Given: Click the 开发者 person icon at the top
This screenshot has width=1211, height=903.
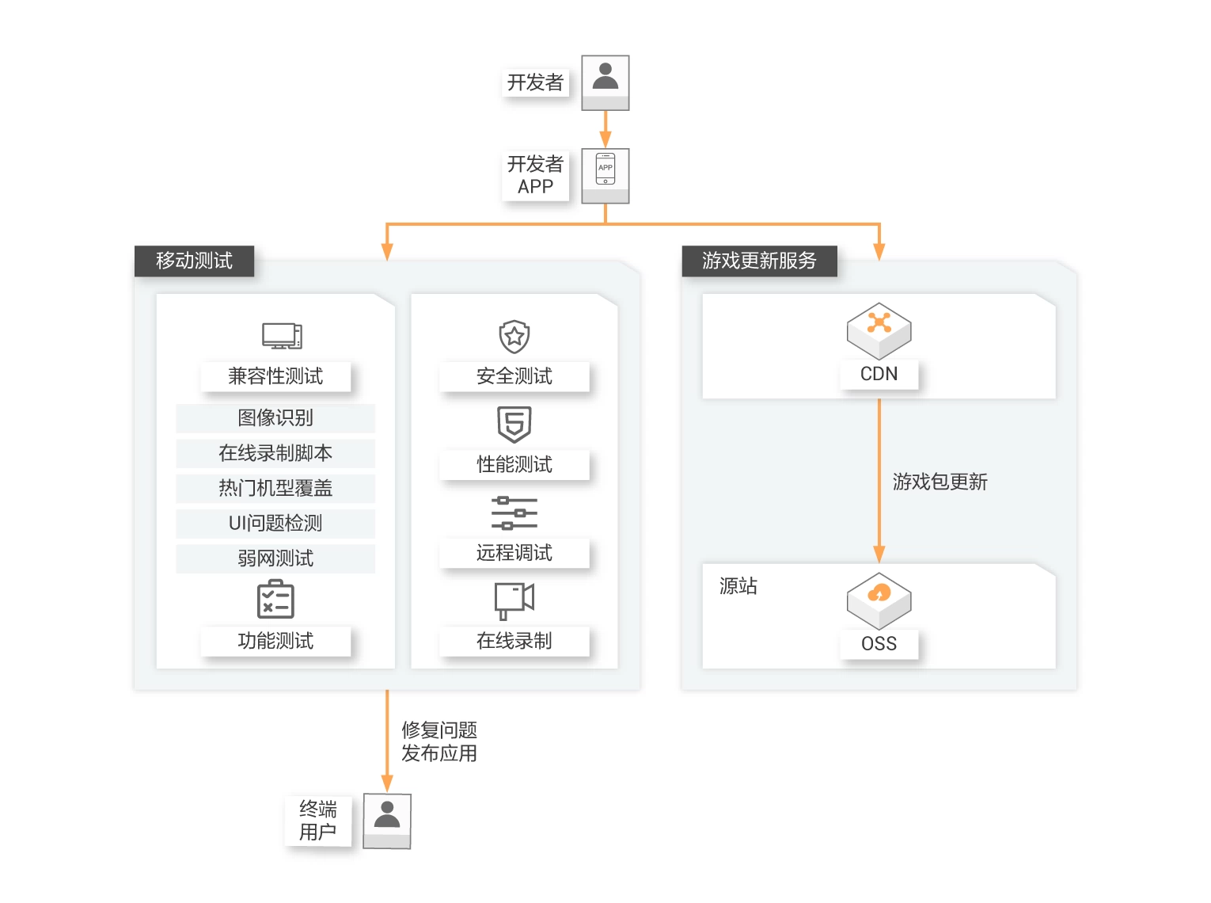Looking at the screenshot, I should (605, 82).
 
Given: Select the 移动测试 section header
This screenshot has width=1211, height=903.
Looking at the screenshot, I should (194, 261).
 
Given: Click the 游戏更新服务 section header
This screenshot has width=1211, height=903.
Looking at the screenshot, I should (759, 261).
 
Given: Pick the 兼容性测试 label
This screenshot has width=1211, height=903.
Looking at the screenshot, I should (275, 376).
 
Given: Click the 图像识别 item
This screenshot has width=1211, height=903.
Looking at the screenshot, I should (275, 417).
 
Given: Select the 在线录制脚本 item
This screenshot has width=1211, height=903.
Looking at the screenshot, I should (275, 453).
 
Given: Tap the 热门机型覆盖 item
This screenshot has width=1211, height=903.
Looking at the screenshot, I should (275, 488).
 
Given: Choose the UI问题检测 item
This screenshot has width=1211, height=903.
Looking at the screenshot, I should (275, 523).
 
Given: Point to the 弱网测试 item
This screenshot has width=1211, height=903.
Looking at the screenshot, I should (275, 558).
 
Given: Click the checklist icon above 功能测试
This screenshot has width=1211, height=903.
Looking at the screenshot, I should (275, 599).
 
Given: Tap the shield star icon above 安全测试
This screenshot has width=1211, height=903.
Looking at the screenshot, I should (514, 337).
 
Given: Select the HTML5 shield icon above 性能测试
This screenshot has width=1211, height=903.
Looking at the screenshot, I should (514, 425).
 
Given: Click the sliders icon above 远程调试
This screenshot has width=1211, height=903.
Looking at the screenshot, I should (514, 513).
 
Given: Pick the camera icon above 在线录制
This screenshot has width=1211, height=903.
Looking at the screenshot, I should (514, 600).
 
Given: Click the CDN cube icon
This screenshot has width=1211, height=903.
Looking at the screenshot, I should (879, 330).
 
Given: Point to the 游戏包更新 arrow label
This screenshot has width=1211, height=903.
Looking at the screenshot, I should (940, 482).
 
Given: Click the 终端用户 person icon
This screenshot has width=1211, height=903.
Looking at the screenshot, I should (387, 820).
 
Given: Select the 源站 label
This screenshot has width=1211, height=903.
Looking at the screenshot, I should (738, 586).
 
